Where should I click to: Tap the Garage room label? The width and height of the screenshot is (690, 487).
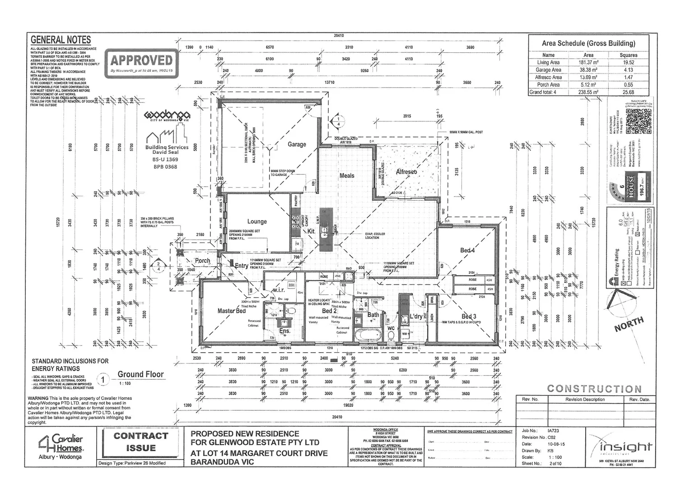coord(297,144)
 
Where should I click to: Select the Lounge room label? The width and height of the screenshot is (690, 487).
coord(257,221)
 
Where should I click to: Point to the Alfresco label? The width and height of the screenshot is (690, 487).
coord(406,172)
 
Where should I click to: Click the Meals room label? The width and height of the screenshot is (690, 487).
coord(347,175)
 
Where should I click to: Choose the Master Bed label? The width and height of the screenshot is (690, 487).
coord(232,311)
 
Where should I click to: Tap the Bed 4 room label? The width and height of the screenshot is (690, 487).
coord(467,250)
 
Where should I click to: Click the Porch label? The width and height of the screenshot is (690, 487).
coord(202,261)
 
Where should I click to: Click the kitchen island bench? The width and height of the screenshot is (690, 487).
coord(326,230)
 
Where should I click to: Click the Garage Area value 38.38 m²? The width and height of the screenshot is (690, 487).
coord(588,70)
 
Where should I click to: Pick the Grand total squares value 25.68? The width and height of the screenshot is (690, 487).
coord(629,92)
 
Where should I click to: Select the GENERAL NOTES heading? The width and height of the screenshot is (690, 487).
coord(61,40)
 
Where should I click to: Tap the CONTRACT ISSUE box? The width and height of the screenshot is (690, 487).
coord(140,442)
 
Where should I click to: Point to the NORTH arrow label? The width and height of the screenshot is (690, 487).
coord(629,324)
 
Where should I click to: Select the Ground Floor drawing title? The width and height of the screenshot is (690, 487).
coord(140,374)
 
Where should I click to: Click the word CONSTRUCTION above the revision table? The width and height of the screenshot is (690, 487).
coord(594,389)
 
